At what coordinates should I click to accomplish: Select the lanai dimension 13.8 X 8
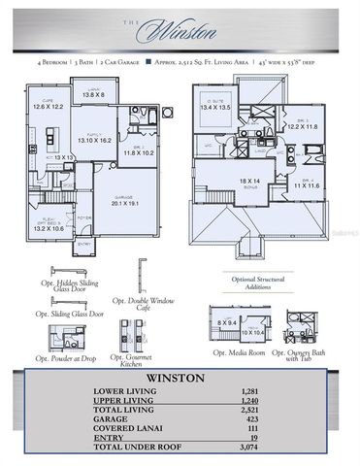pyautogui.click(x=93, y=95)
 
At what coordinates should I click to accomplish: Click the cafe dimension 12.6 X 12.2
pyautogui.click(x=47, y=106)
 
